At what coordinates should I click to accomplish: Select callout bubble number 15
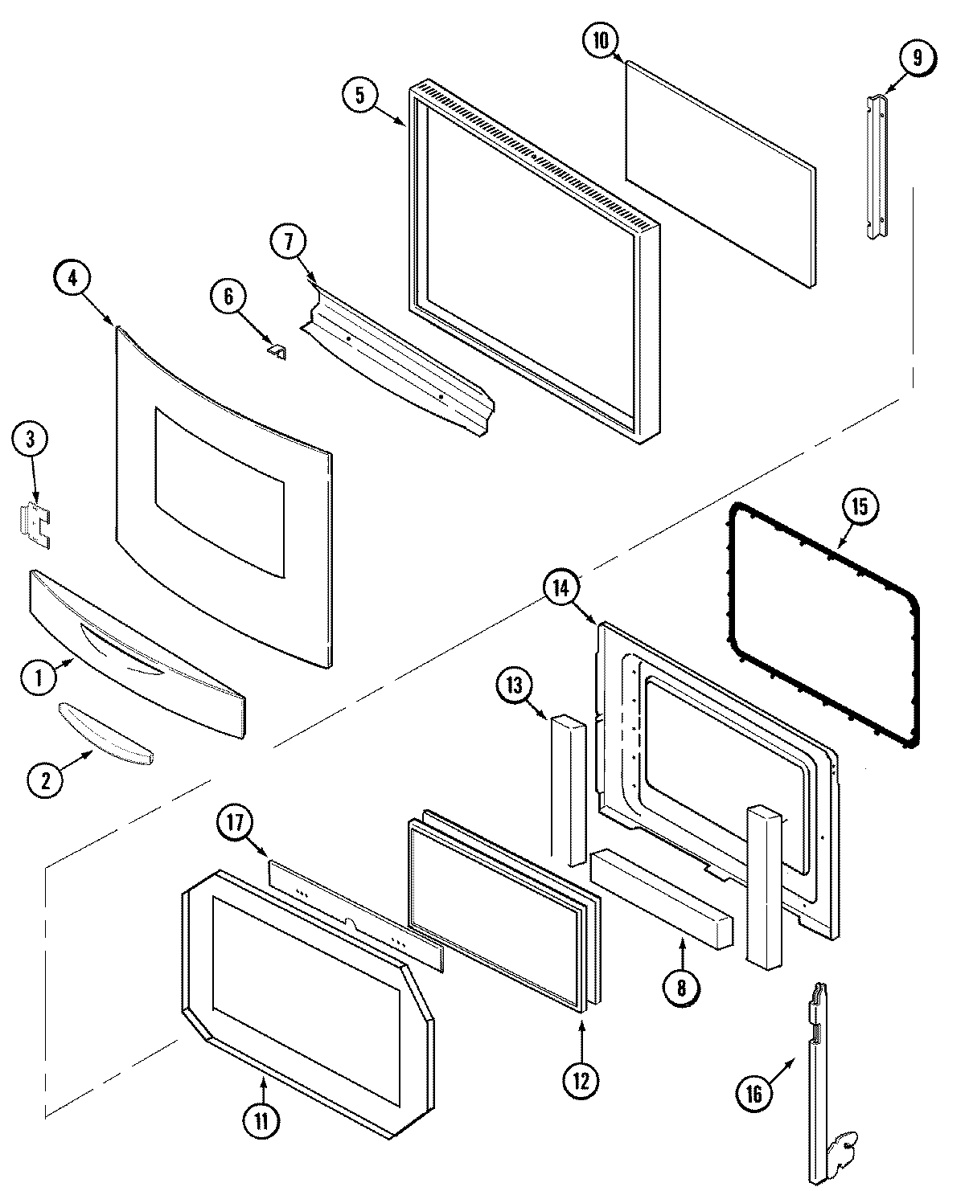click(x=860, y=507)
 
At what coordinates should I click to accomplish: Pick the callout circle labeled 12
click(x=581, y=1080)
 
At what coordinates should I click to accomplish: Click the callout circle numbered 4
click(x=73, y=279)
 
